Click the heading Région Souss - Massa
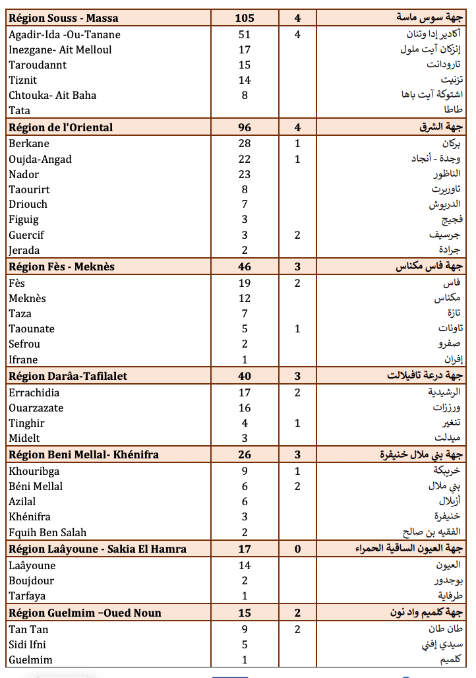[x=63, y=18]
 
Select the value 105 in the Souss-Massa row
[x=245, y=18]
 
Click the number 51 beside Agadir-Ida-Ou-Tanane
[x=245, y=34]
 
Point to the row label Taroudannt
[x=38, y=65]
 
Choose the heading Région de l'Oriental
[x=61, y=128]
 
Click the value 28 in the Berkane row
[x=245, y=144]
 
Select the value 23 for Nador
[x=245, y=174]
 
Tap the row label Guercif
[x=26, y=235]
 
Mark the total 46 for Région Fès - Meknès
[x=245, y=266]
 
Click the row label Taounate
[x=32, y=328]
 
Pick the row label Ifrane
[x=23, y=359]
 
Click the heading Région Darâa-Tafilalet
[x=68, y=376]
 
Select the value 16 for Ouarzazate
[x=245, y=408]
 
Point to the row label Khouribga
[x=34, y=471]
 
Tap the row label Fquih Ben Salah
[x=47, y=532]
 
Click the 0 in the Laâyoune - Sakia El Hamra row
[x=297, y=549]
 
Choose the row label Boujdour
[x=32, y=580]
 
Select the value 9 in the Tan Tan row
[x=245, y=629]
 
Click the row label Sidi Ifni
[x=27, y=644]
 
